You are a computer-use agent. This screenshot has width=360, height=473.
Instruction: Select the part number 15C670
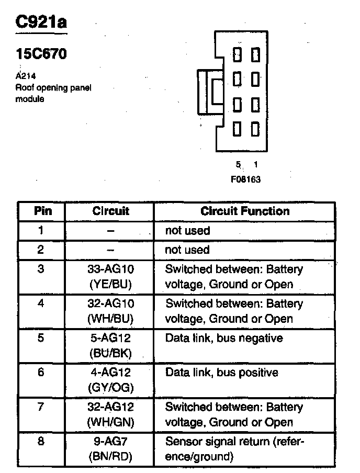pos(41,54)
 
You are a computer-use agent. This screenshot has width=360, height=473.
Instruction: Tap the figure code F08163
pos(246,179)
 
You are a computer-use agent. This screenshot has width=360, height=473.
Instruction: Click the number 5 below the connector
pos(238,165)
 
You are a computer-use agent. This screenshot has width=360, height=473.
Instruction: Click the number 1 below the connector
pos(255,165)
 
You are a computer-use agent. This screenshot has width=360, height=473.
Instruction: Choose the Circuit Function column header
pos(244,211)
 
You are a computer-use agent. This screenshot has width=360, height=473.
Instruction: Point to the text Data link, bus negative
pos(223,339)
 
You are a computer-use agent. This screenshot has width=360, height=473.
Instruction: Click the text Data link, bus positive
pos(222,373)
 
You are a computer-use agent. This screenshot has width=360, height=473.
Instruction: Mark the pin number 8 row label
pos(41,442)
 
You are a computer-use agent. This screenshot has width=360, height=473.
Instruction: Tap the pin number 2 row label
pos(41,250)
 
